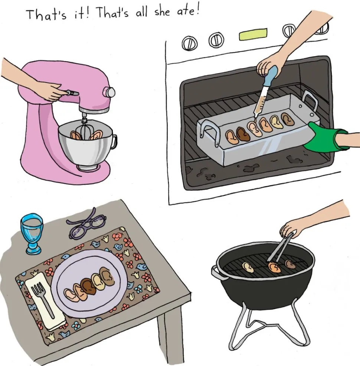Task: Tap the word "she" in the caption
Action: pyautogui.click(x=162, y=12)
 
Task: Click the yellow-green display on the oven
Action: pyautogui.click(x=253, y=34)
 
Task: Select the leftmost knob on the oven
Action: pyautogui.click(x=189, y=43)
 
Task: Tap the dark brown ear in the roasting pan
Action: pyautogui.click(x=242, y=133)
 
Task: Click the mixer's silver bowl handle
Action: pyautogui.click(x=114, y=142)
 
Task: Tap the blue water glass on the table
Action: pyautogui.click(x=32, y=233)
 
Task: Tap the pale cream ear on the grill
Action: pyautogui.click(x=248, y=267)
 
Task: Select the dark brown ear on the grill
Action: pyautogui.click(x=290, y=264)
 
